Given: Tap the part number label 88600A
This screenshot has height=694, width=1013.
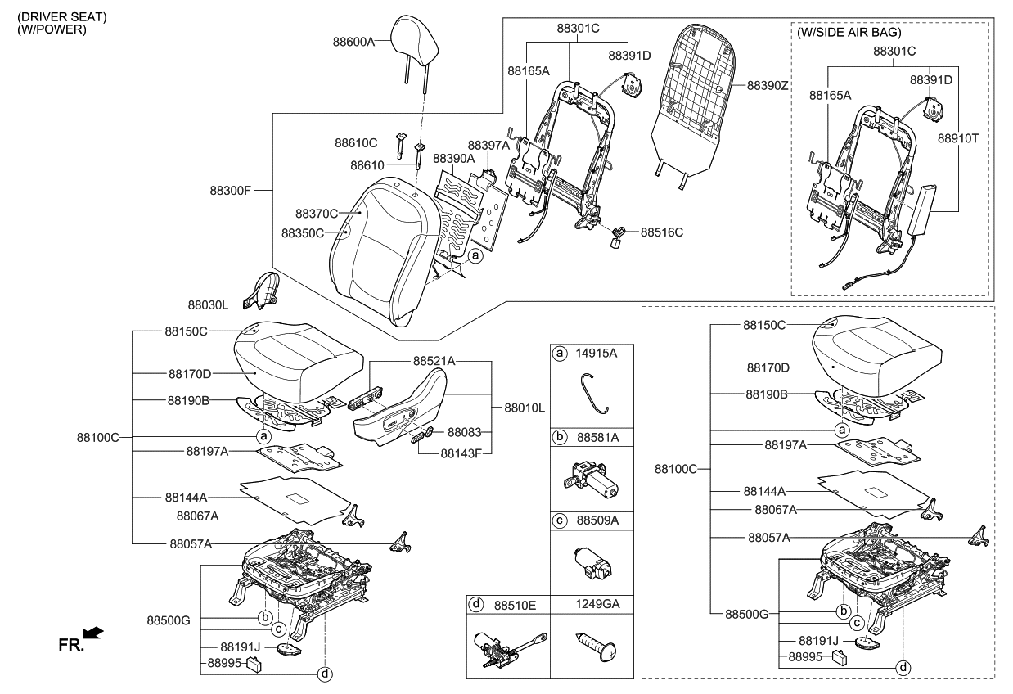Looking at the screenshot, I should pos(353,40).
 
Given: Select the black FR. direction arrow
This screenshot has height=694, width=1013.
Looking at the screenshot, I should pos(94,633).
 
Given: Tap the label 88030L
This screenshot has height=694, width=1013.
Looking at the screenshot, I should pos(209,304).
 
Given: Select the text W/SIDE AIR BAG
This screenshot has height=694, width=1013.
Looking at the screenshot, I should pos(849,33).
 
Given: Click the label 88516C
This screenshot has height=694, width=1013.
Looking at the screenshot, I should pos(661,232).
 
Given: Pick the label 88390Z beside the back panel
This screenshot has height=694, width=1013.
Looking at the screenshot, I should pos(768,84).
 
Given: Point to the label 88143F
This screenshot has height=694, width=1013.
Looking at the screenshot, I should pos(461,452).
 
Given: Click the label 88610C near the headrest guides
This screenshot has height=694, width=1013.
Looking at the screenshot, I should pos(356,142).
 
